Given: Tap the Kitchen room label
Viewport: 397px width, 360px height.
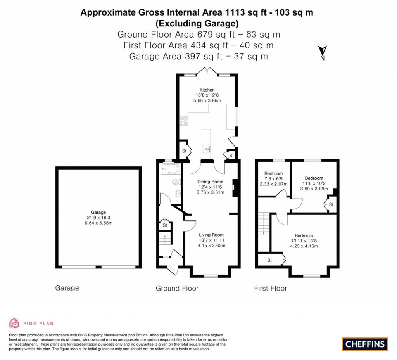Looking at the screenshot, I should pyautogui.click(x=207, y=90).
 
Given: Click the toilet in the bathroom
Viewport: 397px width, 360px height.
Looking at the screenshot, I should pyautogui.click(x=176, y=182).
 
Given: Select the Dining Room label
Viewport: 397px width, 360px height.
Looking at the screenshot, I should pyautogui.click(x=210, y=182).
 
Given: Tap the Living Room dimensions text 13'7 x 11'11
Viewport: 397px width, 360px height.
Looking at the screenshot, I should pyautogui.click(x=211, y=240).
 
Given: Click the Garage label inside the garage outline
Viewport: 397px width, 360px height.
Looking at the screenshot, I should pyautogui.click(x=98, y=212).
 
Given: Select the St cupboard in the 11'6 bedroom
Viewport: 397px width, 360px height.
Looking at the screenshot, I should pyautogui.click(x=331, y=204).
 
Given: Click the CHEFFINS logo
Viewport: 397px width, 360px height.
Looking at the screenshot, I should pyautogui.click(x=364, y=344).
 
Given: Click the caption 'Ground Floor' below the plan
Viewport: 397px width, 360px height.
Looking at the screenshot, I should pyautogui.click(x=177, y=288).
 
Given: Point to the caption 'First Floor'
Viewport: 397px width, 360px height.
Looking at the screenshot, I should pyautogui.click(x=270, y=288).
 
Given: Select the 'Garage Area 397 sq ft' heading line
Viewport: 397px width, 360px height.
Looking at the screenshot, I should pyautogui.click(x=198, y=56).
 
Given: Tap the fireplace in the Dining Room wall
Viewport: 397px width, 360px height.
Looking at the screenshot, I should pyautogui.click(x=234, y=187).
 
